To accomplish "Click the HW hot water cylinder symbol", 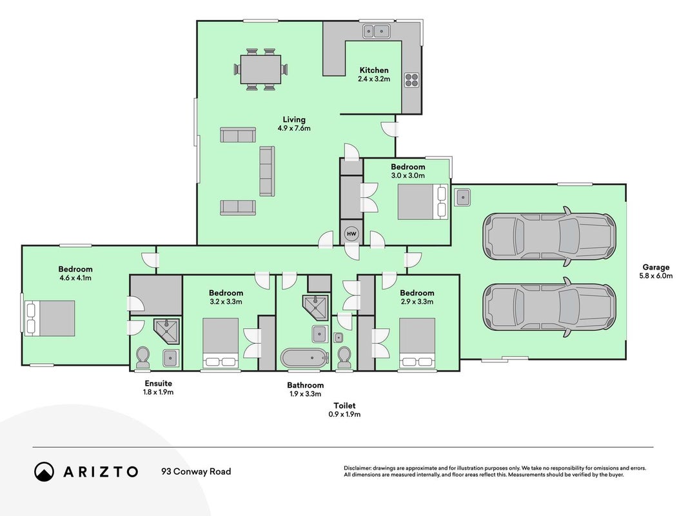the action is [351, 234].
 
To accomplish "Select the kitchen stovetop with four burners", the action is [411, 80].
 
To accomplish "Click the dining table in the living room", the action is [260, 69].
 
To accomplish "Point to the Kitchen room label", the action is [374, 70].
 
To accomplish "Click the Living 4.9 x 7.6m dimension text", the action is [294, 128].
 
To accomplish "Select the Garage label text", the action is [656, 267].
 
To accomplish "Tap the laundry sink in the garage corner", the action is [462, 197].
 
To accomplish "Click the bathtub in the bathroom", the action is [304, 359].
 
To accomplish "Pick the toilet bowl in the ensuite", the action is [143, 357].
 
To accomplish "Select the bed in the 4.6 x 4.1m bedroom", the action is [50, 318].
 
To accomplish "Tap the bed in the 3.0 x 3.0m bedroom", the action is [422, 201].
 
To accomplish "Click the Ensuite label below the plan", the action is [159, 384].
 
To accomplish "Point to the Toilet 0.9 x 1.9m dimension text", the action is [345, 414].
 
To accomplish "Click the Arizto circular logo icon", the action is [44, 471].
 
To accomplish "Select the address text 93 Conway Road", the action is [196, 471].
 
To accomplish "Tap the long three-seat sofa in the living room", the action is [267, 171].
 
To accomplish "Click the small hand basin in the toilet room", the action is [339, 337].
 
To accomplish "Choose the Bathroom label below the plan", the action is [306, 385].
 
